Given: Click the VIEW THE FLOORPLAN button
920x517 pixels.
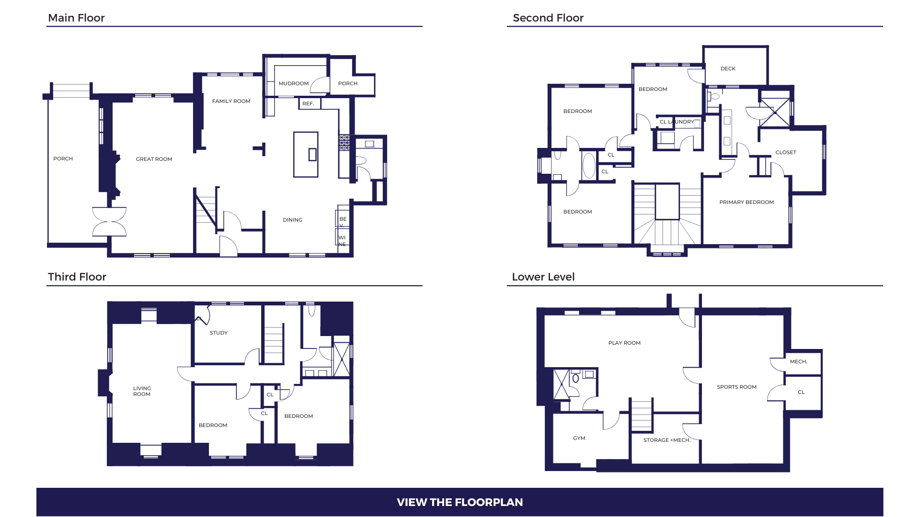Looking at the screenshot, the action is pos(460,502).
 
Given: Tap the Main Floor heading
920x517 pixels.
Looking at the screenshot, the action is pos(76,18).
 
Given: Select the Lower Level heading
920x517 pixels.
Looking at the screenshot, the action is pos(543,277).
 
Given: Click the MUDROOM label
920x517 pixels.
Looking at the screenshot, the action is pos(294,83).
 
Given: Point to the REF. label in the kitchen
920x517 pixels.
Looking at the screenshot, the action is pos(308,103).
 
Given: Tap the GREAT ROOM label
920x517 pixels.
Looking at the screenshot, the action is pos(154,159).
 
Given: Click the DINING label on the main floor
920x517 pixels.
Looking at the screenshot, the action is pos(292,220).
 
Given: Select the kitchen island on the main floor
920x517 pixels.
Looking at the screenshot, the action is pos(306,155).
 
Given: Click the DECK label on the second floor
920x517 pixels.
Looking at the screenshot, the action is pos(728,68).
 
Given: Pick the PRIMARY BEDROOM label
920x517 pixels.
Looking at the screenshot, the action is pos(747,202).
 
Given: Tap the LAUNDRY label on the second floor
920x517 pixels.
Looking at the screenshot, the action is pos(681,122).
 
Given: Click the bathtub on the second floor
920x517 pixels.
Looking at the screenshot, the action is pos(589,166).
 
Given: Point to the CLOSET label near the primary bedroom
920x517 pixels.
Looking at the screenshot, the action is pos(786,152).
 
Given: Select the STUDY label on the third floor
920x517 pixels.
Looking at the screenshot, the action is pos(218,333).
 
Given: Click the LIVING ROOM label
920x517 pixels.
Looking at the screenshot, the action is pos(142,391).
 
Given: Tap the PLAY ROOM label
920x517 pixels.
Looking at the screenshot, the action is pos(624,343).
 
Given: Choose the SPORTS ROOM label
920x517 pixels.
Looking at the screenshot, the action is pos(736,387).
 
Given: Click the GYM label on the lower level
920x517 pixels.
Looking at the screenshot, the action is pos(579,438).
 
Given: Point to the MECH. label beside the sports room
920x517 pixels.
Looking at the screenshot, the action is pos(798,361).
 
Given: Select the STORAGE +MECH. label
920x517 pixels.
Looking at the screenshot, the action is pos(667,440).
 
